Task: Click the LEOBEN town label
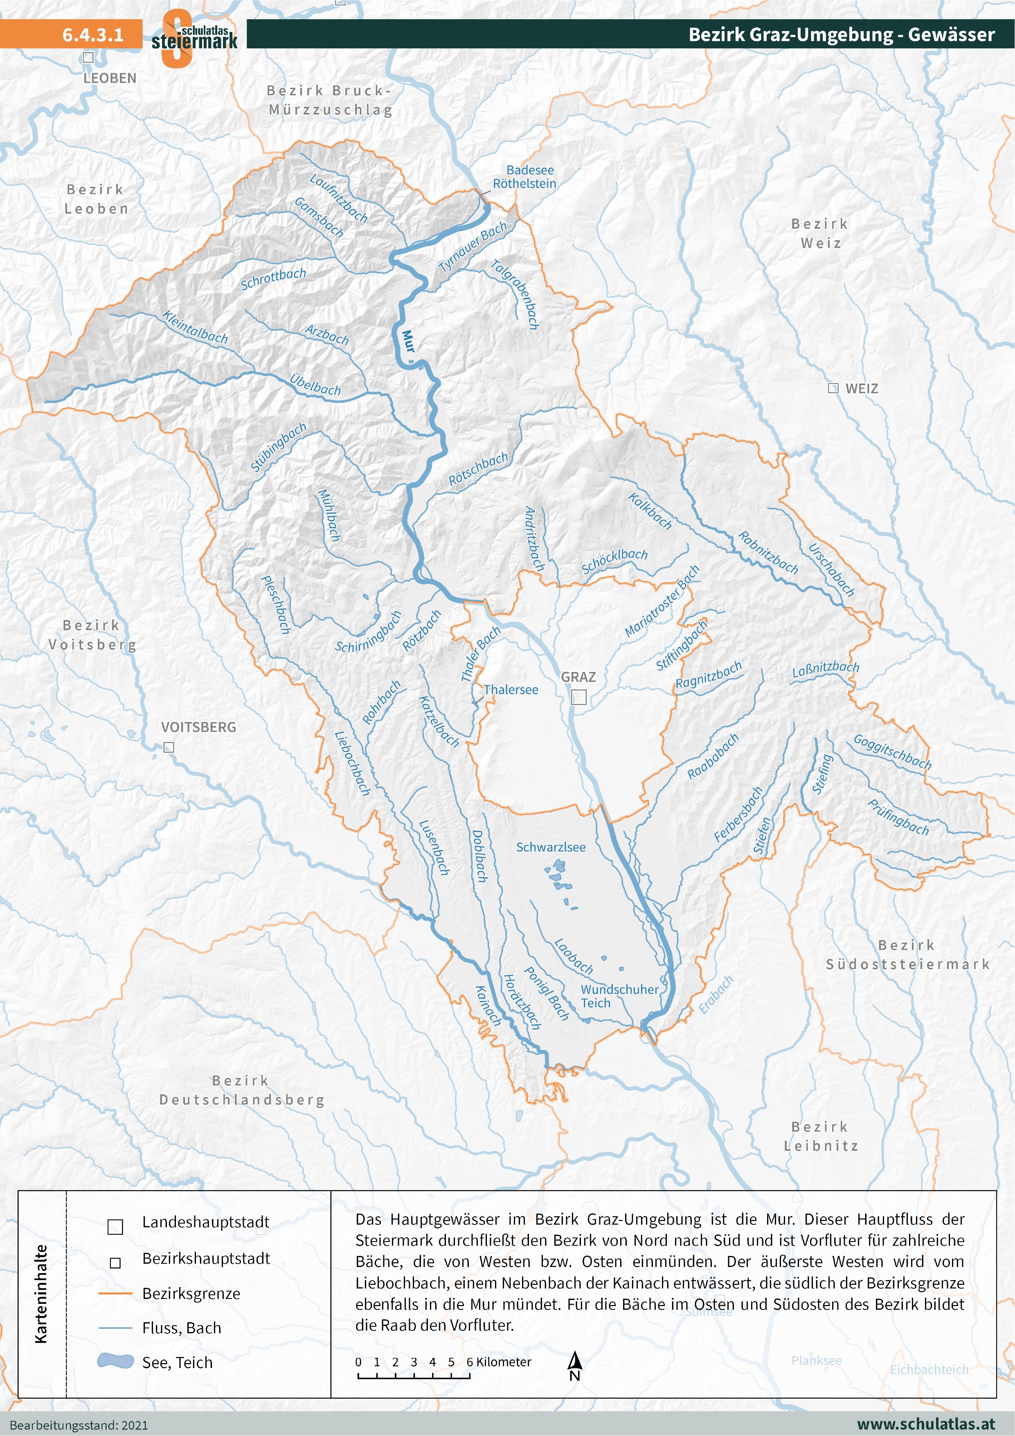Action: click(x=110, y=78)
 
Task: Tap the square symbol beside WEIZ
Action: click(x=833, y=388)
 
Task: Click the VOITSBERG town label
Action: click(x=198, y=727)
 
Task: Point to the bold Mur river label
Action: click(x=408, y=341)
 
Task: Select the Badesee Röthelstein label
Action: click(x=525, y=177)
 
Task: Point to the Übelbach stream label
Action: click(x=315, y=384)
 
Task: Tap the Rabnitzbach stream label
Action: click(x=768, y=552)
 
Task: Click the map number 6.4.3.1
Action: click(x=92, y=34)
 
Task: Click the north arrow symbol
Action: click(x=575, y=1365)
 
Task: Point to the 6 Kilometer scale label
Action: click(x=498, y=1362)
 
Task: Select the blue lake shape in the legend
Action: click(x=116, y=1361)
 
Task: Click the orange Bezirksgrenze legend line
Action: click(x=116, y=1293)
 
